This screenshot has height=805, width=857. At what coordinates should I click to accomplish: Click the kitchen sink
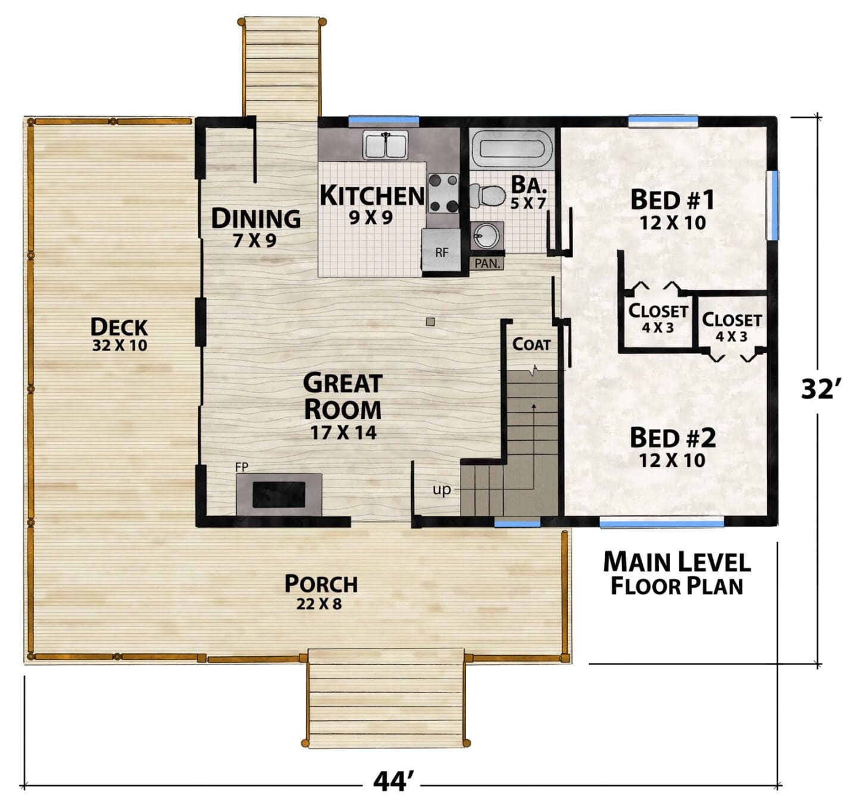pos(385,145)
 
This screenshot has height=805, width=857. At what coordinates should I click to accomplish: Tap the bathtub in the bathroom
pos(511,148)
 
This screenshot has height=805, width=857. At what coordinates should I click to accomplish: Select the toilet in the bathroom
pos(487,196)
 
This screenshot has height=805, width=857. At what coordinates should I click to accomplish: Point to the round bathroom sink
pos(487,236)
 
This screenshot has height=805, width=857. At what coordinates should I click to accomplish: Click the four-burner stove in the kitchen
pos(443,193)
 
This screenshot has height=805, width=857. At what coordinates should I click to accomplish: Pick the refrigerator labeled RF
pos(442,250)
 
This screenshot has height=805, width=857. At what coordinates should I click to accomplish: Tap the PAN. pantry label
pos(487,264)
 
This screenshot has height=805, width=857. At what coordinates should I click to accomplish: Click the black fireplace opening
pos(279,495)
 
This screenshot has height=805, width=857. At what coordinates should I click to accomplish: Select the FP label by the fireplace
pos(242,467)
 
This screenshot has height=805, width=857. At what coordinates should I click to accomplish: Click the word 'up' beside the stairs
pos(442,490)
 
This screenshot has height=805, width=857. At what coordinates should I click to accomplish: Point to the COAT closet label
pos(531,344)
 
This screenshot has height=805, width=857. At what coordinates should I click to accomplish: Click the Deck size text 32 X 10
pos(120,346)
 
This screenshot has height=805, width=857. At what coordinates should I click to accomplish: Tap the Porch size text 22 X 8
pos(319,604)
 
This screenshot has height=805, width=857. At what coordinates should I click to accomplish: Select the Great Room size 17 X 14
pos(343,433)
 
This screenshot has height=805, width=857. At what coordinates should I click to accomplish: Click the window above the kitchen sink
pos(384,121)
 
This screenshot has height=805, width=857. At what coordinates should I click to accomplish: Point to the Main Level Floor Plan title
pos(677,574)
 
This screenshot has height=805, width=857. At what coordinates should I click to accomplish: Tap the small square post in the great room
pos(430,321)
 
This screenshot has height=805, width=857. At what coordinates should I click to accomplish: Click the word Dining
pos(256,218)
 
